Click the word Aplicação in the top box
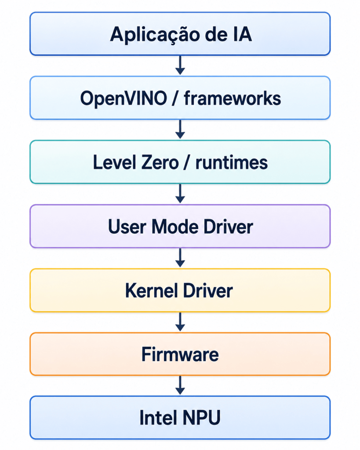(155, 35)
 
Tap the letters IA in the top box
(242, 34)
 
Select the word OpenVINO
(124, 99)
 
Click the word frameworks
(233, 98)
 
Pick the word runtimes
(232, 163)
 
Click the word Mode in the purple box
(175, 227)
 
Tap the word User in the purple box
(127, 227)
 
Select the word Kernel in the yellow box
(152, 291)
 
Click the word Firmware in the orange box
(180, 355)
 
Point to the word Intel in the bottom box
(158, 417)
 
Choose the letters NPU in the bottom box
(201, 417)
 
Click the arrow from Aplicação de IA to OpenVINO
(180, 65)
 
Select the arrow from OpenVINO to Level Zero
(180, 129)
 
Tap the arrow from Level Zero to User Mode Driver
(180, 194)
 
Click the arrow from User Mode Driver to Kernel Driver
(180, 258)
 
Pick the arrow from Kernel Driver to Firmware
(180, 322)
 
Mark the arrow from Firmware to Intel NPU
(180, 385)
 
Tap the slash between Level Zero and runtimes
(187, 162)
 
